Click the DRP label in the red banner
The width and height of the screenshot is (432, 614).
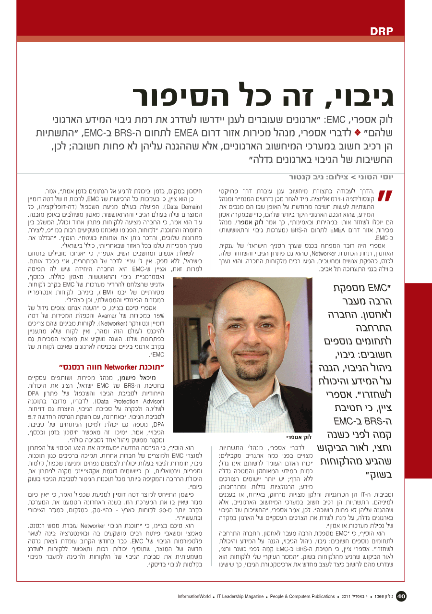pos(382,32)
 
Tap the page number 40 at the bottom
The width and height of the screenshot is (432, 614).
pos(401,596)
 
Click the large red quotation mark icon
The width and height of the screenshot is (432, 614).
pos(385,196)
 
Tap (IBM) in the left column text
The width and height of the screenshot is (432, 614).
pos(104,291)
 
